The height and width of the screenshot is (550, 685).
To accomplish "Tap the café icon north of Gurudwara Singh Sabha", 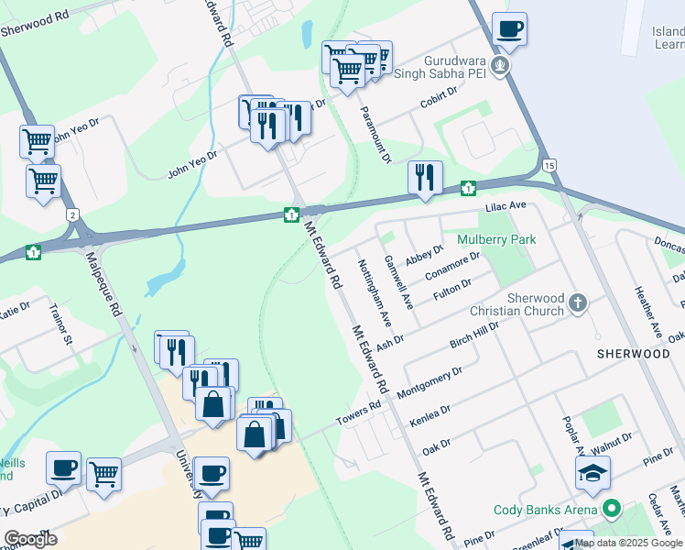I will (509, 28).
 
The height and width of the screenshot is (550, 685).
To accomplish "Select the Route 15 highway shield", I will (549, 164).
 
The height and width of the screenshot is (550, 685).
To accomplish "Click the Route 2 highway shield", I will (72, 214).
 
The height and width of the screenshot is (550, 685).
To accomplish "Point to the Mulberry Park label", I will (495, 239).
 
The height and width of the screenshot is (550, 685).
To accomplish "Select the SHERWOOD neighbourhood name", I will (633, 353).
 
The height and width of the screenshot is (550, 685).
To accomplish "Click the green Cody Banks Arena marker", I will (611, 509).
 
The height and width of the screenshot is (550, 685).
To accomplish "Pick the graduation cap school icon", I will (593, 473).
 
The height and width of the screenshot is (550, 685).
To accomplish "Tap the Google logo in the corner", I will (30, 539).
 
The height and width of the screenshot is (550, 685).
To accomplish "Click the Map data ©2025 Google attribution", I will (628, 543).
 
